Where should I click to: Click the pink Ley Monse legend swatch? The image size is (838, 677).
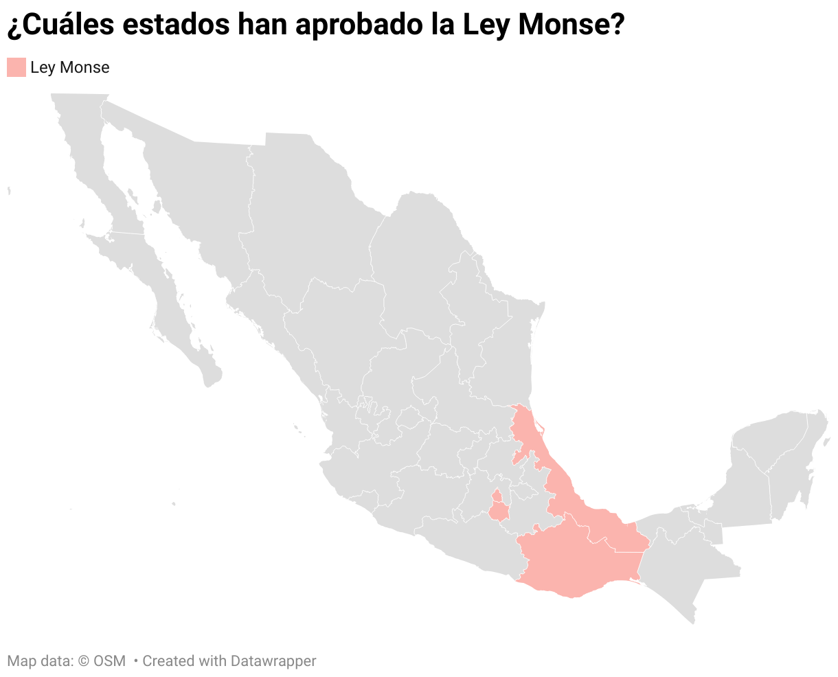click(16, 67)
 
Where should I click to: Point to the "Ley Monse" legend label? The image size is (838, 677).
click(70, 67)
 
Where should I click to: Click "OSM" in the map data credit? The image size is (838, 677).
click(110, 661)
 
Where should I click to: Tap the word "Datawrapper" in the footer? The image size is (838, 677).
click(273, 661)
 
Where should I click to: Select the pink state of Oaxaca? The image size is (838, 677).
click(577, 563)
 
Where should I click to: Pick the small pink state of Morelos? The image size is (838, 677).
click(499, 509)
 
